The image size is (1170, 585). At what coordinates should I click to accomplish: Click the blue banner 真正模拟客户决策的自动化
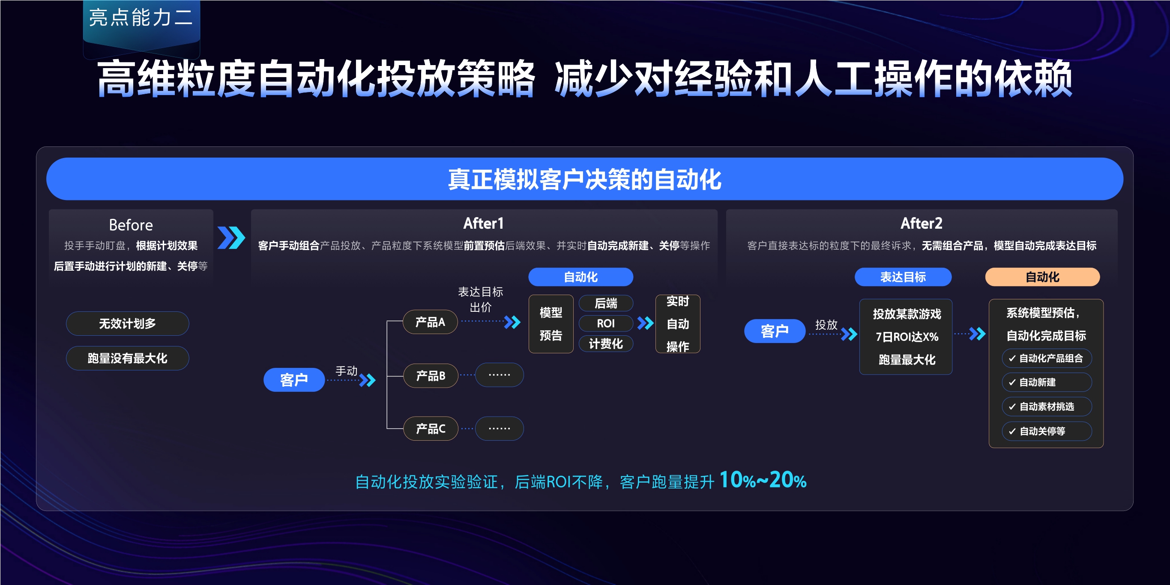[x=584, y=179]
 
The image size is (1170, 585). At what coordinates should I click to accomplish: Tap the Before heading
[x=131, y=225]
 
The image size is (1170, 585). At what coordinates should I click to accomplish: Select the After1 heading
[x=483, y=224]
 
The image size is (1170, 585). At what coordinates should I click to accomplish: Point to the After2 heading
[x=921, y=224]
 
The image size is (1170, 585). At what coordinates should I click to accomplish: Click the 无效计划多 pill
[x=127, y=323]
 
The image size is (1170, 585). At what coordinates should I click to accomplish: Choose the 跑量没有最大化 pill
[x=127, y=358]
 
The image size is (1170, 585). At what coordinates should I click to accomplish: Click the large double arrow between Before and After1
[x=231, y=238]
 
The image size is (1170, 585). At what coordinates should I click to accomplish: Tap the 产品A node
[x=430, y=322]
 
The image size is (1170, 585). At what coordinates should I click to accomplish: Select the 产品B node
[x=430, y=376]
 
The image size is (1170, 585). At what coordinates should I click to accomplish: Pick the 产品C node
[x=430, y=428]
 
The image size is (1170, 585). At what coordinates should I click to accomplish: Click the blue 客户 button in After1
[x=294, y=380]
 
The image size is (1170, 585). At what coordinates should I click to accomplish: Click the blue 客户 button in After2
[x=775, y=331]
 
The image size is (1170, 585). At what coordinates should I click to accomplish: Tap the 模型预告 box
[x=551, y=324]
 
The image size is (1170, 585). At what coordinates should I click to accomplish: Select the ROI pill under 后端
[x=605, y=323]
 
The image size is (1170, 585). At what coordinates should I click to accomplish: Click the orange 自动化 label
[x=1042, y=277]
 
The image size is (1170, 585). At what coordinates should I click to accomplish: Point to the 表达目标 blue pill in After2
[x=903, y=277]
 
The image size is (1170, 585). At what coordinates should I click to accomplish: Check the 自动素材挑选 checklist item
[x=1046, y=406]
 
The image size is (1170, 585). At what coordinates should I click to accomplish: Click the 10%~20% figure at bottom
[x=763, y=480]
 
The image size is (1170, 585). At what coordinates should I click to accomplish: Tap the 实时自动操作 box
[x=677, y=324]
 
